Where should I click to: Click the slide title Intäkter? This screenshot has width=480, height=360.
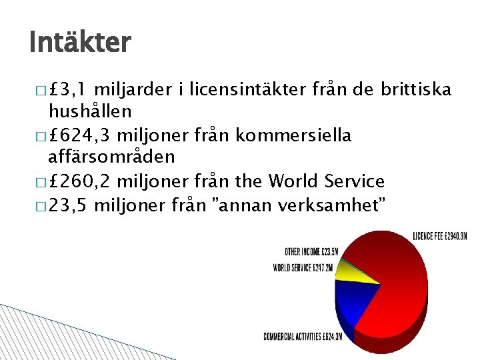click(80, 43)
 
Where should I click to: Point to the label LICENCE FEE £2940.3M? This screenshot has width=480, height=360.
click(440, 235)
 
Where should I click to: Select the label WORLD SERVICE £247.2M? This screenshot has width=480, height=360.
click(305, 268)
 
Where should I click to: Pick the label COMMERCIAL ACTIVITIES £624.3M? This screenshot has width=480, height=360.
click(303, 337)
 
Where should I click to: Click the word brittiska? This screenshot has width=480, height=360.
click(417, 89)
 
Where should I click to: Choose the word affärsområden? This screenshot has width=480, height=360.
click(110, 157)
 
